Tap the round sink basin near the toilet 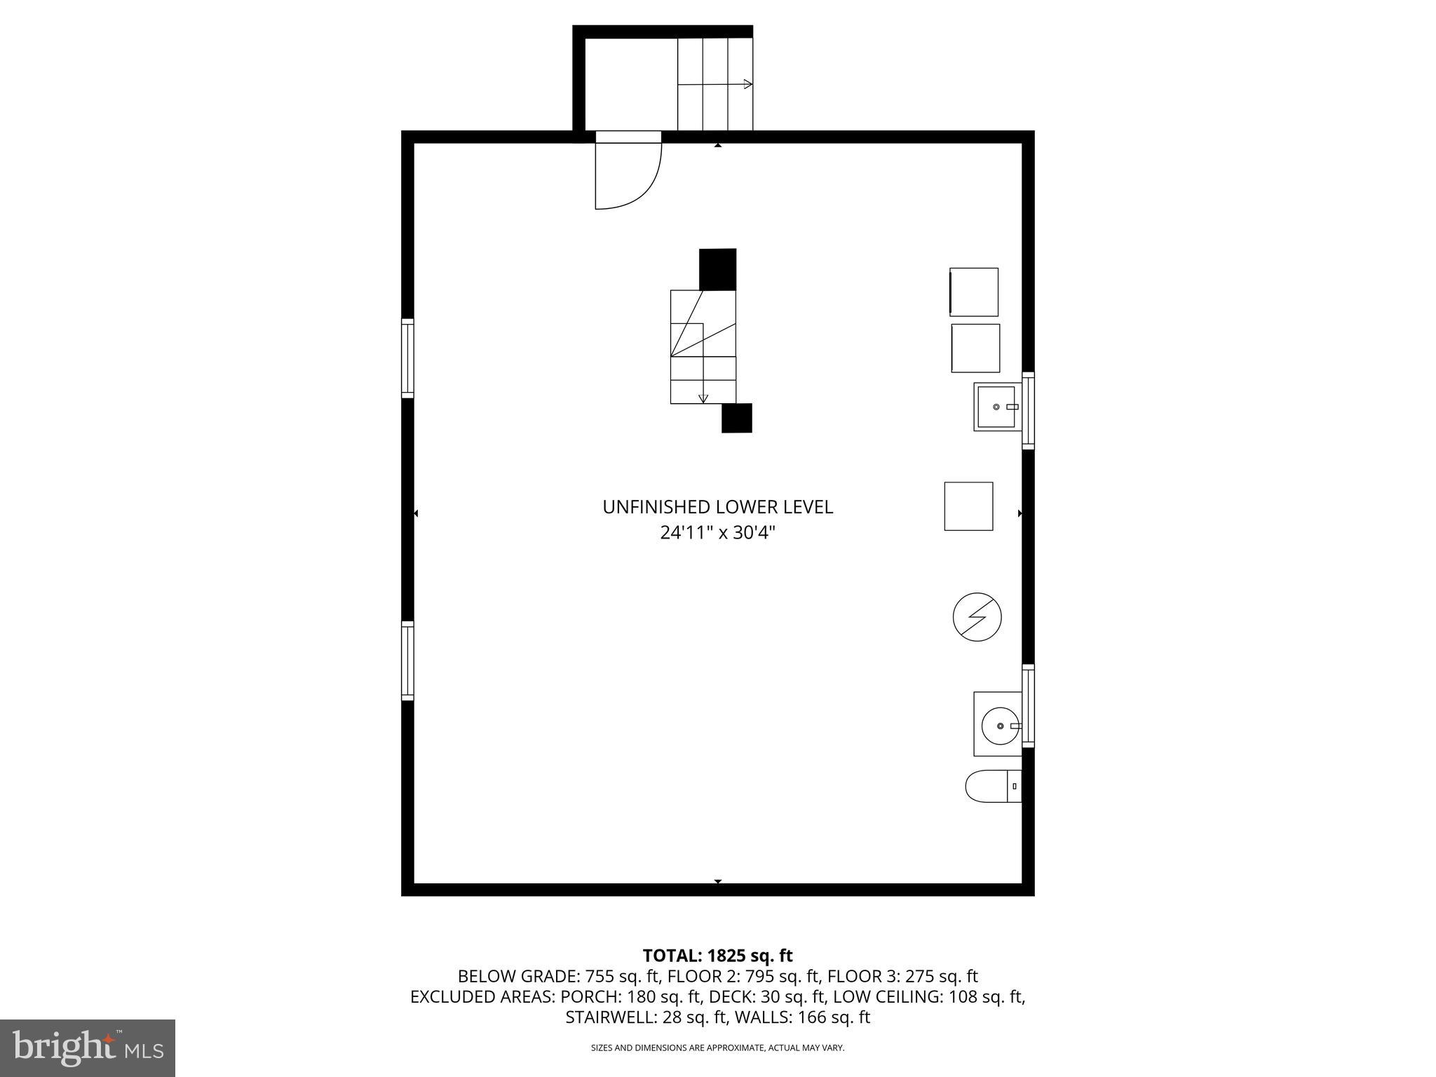click(999, 726)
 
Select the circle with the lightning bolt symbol click(977, 617)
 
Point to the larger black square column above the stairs click(718, 269)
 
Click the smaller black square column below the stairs click(737, 418)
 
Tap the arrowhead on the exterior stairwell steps click(747, 85)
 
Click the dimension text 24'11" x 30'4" click(718, 533)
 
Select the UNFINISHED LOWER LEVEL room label click(718, 507)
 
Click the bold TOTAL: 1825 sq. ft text click(718, 956)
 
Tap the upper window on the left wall click(407, 358)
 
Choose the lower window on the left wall click(407, 660)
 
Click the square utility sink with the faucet click(997, 407)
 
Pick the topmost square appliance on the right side click(974, 292)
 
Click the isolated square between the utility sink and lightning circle click(968, 506)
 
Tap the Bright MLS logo click(88, 1048)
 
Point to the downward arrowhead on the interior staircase click(703, 398)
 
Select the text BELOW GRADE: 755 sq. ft click(558, 976)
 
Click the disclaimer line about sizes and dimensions click(718, 1048)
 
